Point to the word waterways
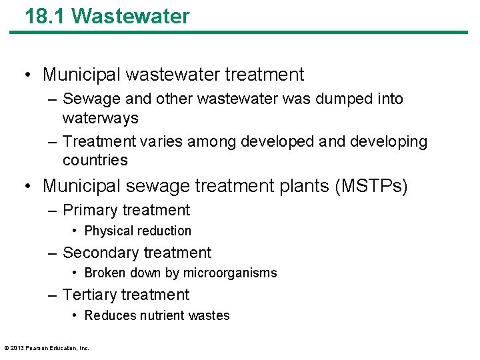(101, 118)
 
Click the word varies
(155, 141)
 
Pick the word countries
(95, 160)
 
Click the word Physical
(110, 231)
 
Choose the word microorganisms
(230, 273)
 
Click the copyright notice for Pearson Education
(46, 347)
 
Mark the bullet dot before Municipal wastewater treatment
(28, 75)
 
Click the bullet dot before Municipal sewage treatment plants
(28, 185)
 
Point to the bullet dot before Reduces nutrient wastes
(76, 315)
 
